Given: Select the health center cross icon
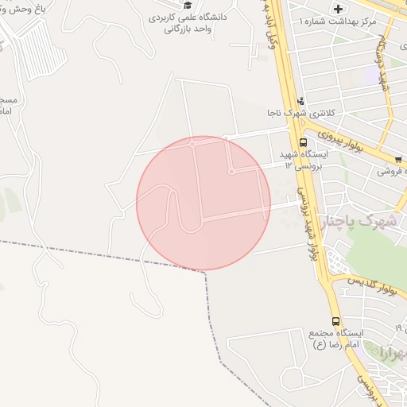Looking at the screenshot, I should [x=339, y=9].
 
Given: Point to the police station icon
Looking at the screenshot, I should [x=300, y=101].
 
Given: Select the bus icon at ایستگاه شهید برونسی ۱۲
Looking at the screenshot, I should [x=303, y=142].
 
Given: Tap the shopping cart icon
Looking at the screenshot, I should [x=398, y=158].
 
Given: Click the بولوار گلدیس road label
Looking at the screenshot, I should [x=372, y=289].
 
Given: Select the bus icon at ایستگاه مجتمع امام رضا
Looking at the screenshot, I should [x=335, y=321].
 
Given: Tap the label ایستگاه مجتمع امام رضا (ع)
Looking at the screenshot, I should [x=336, y=339].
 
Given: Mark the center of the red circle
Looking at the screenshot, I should [x=203, y=203].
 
